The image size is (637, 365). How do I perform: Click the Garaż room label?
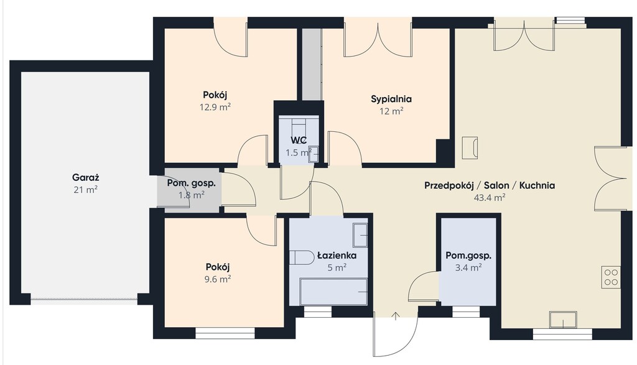point(86,177)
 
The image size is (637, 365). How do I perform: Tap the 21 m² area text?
point(86,190)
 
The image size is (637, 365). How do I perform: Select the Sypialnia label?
point(391,99)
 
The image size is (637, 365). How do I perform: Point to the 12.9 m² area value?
point(215,107)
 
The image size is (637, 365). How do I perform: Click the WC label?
point(299,141)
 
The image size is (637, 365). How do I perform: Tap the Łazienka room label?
point(337,256)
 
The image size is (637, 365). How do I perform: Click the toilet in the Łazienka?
point(301,257)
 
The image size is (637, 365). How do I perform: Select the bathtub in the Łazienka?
point(333,292)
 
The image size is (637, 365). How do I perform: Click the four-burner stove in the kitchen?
point(611,277)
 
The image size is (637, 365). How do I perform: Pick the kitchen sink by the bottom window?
point(563,319)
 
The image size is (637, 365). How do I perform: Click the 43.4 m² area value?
point(490,198)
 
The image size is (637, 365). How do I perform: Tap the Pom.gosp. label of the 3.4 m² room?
point(468,256)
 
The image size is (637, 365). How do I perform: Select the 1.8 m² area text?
point(192,195)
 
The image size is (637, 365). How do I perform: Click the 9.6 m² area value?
point(218,279)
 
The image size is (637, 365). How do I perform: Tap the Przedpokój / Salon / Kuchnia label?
point(490,185)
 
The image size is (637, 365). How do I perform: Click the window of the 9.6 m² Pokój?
point(225,333)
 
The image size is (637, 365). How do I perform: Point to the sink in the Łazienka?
point(360,235)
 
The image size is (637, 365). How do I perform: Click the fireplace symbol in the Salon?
point(470,148)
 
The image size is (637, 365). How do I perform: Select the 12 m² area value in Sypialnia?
point(391,111)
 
